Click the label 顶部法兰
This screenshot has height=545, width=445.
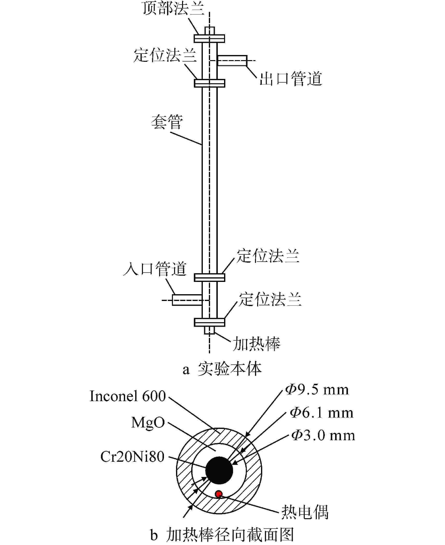pos(173,8)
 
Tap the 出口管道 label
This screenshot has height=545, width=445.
pos(291,79)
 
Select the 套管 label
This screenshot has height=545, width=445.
pos(167,122)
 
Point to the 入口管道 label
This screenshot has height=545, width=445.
pos(155,269)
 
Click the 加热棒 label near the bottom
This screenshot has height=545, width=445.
pos(257,344)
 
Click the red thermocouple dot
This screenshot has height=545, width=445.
pos(219,494)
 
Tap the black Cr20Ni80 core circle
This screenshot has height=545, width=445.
pos(219,470)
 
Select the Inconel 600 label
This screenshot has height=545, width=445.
pos(128,396)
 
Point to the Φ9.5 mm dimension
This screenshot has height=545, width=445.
pos(317,390)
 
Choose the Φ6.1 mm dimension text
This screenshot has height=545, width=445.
pos(322,413)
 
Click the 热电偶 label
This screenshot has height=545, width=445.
pos(305,512)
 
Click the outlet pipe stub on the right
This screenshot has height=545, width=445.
pos(232,61)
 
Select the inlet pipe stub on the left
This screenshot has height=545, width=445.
pos(187,300)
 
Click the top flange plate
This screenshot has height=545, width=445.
pos(209,38)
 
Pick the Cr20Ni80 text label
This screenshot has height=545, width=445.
pos(132,457)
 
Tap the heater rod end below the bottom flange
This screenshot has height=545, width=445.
pos(209,330)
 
